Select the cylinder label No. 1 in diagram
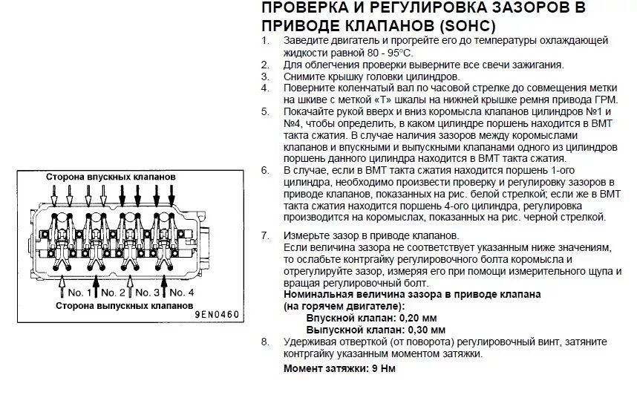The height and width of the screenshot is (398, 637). click(79, 292)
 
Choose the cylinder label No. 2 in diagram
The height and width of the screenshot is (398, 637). click(114, 292)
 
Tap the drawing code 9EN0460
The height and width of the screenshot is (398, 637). click(217, 315)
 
